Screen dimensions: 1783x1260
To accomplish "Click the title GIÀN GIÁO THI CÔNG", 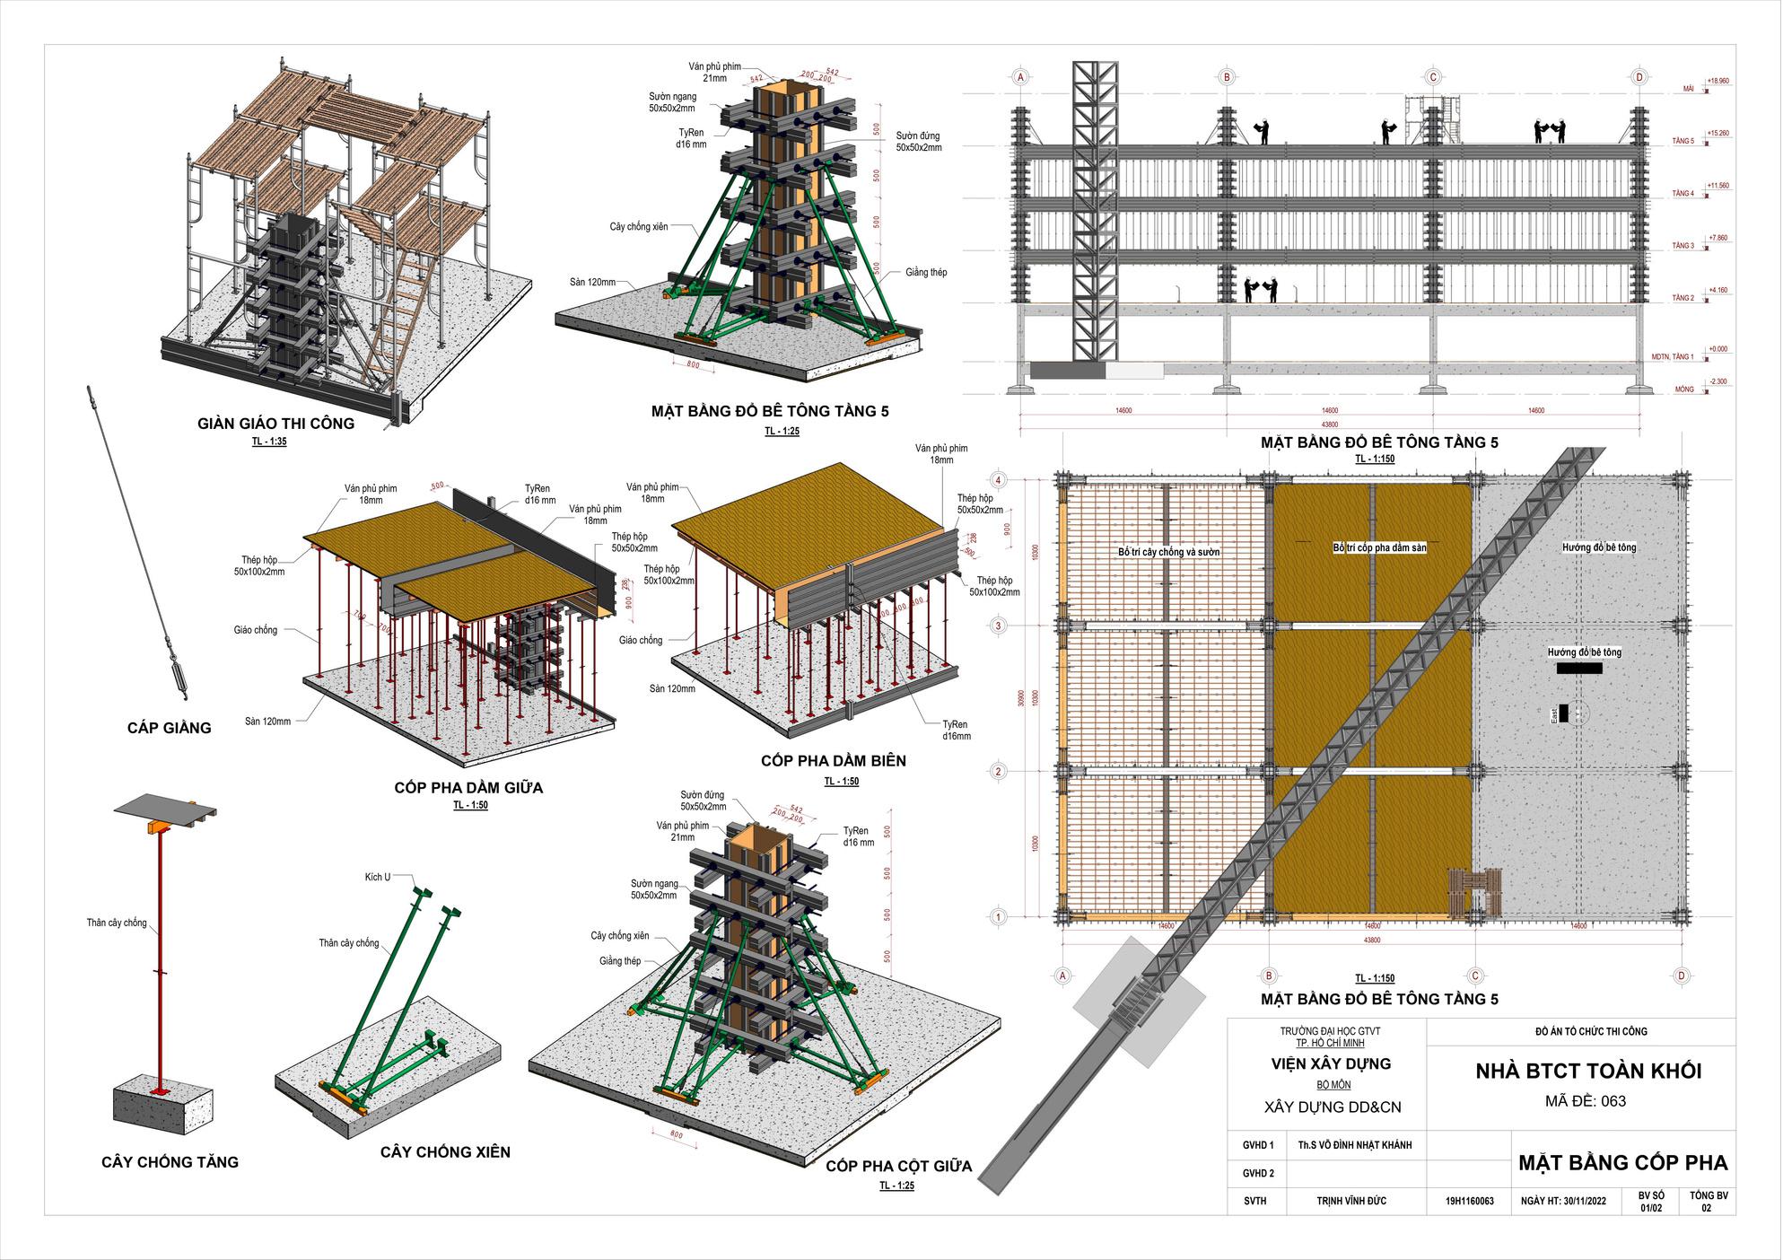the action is click(275, 424).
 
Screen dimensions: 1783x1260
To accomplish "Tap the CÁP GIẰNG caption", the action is click(169, 728).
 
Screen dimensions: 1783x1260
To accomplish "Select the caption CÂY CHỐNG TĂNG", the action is click(170, 1162).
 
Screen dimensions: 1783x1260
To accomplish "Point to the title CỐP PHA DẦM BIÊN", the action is click(833, 761).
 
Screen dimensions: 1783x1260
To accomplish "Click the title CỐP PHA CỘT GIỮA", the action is click(898, 1167).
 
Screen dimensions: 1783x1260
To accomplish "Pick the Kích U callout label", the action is click(377, 877).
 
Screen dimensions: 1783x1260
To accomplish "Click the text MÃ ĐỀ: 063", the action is click(1585, 1101).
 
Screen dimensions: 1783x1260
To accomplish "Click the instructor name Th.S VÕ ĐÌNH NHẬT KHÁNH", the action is click(1354, 1145).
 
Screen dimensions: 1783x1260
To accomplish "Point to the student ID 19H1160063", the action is click(1469, 1201).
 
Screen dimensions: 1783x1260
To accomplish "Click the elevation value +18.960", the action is click(1717, 81).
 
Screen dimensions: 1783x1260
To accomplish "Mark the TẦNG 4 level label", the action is click(1682, 194).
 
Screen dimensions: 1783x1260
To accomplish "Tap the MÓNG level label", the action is click(1684, 389).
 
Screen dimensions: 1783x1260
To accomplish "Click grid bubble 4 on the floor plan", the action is click(998, 480).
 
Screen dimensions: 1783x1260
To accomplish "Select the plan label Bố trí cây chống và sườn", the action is click(1168, 552).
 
